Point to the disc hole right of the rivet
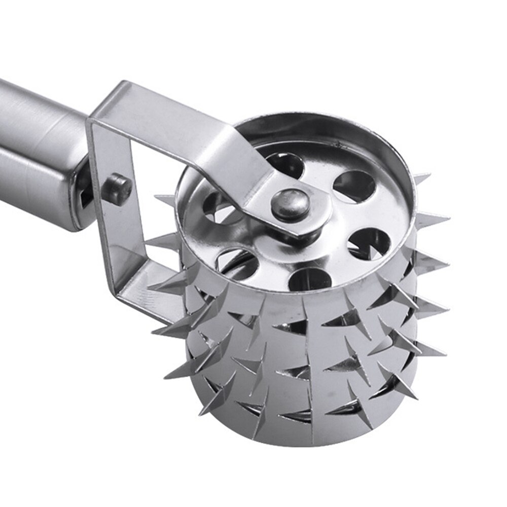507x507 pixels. tap(369, 243)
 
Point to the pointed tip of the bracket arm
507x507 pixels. tap(304, 233)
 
